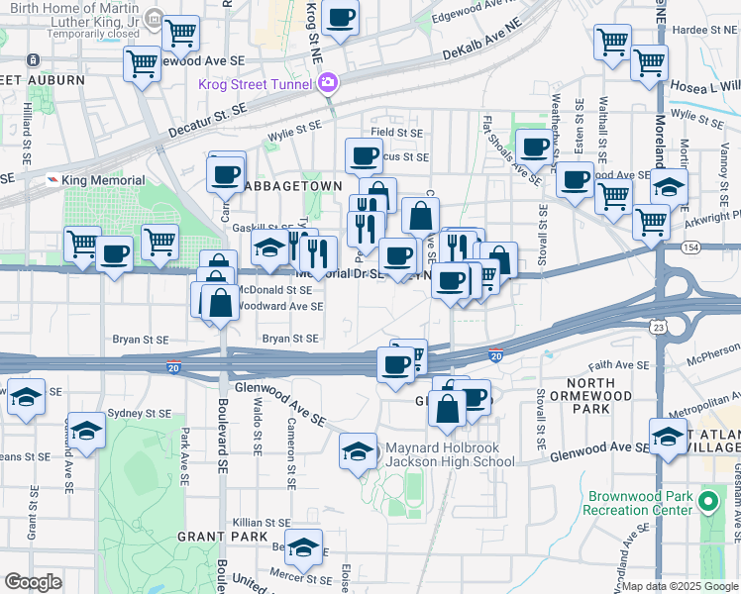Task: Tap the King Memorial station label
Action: point(102,180)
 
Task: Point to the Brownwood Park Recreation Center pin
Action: point(707,502)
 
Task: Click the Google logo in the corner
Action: point(33,582)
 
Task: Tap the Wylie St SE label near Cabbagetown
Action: point(295,126)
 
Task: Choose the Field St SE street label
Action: point(396,132)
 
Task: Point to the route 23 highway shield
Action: point(658,325)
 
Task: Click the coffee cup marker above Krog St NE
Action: point(340,18)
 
